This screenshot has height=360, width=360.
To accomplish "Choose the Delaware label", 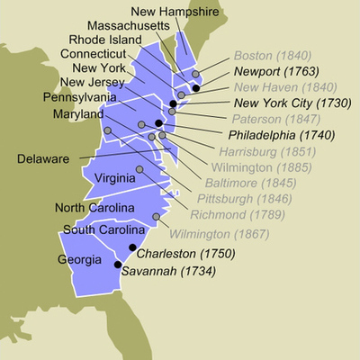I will (x=45, y=159).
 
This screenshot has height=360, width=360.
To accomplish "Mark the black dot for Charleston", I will (x=132, y=247).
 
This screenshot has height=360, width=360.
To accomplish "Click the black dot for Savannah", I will (x=117, y=264).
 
